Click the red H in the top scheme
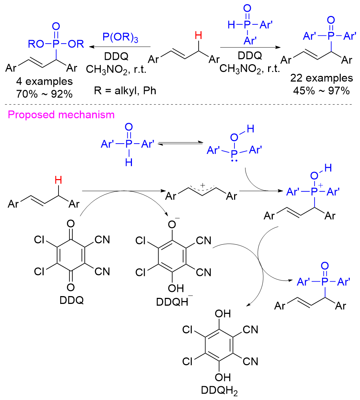(x=199, y=35)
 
